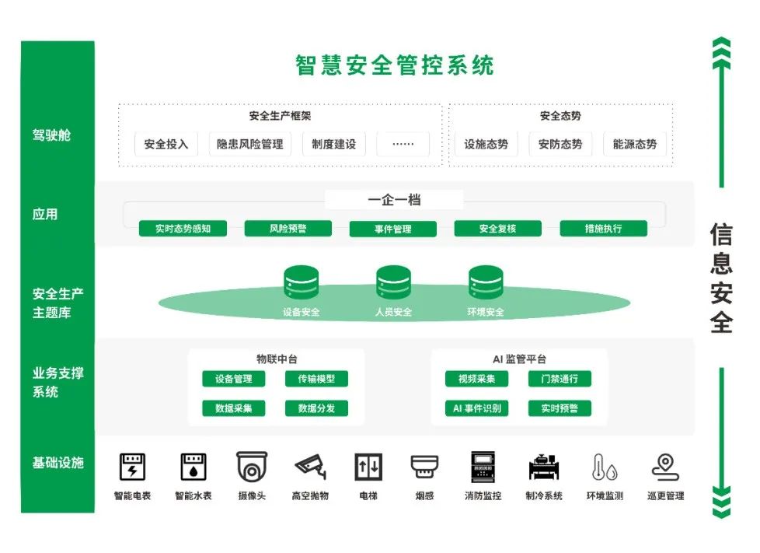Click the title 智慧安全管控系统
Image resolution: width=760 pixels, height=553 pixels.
(x=394, y=65)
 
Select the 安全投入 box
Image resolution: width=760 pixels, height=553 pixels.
(x=166, y=144)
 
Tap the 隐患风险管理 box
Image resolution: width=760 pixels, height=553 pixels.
(x=249, y=144)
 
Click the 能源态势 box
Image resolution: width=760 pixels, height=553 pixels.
(x=634, y=144)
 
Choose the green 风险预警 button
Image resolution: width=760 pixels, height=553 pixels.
(x=288, y=229)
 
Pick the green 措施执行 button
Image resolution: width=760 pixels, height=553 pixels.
(x=603, y=229)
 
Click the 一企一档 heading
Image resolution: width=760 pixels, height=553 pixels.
(x=394, y=200)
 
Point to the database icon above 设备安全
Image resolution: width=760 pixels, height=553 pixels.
(x=302, y=283)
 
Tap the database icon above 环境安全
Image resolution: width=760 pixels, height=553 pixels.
(x=486, y=283)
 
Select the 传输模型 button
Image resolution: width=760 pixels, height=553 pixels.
(x=316, y=379)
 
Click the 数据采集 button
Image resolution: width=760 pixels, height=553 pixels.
(x=234, y=408)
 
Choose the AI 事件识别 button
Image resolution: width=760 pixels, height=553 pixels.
(x=476, y=408)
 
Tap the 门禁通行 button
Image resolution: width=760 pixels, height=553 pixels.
(x=559, y=379)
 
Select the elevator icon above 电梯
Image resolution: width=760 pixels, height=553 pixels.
(x=368, y=467)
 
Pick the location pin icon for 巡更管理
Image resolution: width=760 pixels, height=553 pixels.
(x=665, y=467)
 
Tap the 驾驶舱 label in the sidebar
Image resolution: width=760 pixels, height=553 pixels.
(x=51, y=135)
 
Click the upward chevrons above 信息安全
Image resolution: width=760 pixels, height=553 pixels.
(x=722, y=52)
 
